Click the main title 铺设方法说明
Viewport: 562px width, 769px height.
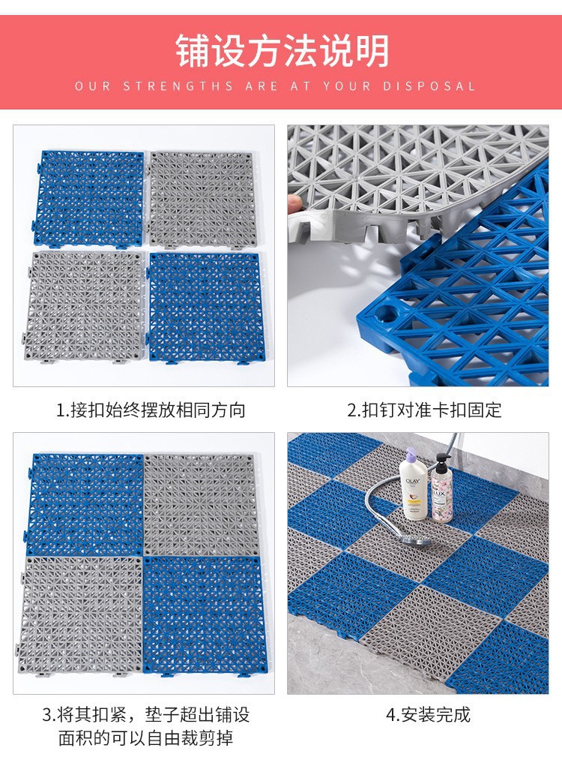click(282, 50)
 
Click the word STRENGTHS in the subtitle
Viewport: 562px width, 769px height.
click(178, 86)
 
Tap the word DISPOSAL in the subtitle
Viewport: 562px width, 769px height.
click(429, 86)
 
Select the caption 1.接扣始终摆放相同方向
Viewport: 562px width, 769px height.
click(151, 410)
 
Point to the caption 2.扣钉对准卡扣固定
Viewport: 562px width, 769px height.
click(424, 410)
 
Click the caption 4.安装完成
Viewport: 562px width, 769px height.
click(428, 714)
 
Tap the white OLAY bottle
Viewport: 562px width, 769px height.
click(413, 485)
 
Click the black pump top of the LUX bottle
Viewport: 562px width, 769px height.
click(442, 463)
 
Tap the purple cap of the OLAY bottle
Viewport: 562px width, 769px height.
click(411, 454)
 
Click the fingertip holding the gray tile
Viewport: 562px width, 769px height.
click(294, 202)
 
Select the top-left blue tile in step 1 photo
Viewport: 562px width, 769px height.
click(89, 197)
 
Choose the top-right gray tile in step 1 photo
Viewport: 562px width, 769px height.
click(202, 199)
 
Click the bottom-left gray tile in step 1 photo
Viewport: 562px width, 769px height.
click(83, 306)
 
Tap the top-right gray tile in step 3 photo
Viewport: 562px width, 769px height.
click(202, 505)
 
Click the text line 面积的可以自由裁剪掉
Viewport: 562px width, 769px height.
click(145, 738)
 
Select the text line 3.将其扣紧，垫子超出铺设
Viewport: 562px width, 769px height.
click(145, 714)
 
